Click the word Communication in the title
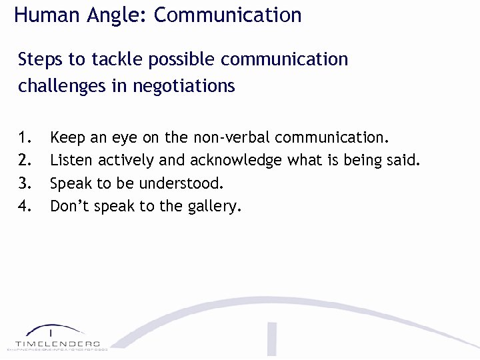(x=227, y=15)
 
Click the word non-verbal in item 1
(x=231, y=138)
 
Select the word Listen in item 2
(x=72, y=161)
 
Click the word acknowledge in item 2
(x=237, y=161)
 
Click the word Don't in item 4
(x=70, y=206)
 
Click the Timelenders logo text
(x=57, y=343)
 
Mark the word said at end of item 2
(x=404, y=161)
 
